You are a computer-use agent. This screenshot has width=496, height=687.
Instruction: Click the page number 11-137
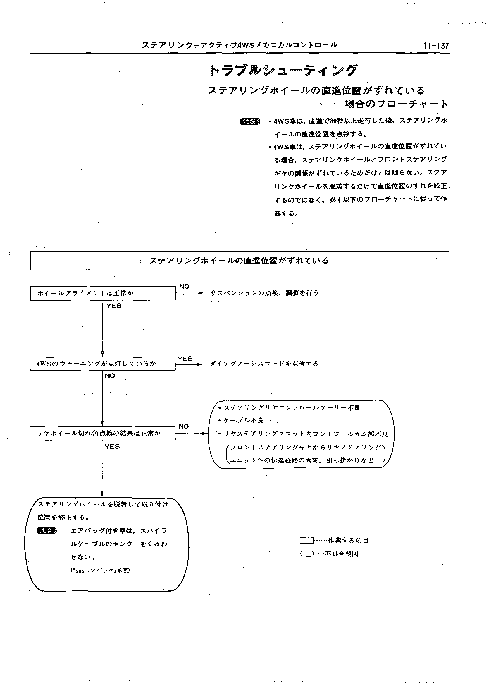[436, 46]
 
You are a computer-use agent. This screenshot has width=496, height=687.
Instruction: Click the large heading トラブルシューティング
[284, 70]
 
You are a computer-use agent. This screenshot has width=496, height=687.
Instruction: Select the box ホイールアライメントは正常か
[103, 293]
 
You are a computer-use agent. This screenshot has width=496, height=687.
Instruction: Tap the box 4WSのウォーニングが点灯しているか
[103, 364]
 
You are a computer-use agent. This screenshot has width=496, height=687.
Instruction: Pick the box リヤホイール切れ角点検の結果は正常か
[103, 433]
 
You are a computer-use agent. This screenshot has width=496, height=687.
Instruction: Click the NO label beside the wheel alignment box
[184, 287]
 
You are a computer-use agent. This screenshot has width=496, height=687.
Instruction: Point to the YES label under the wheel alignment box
[114, 306]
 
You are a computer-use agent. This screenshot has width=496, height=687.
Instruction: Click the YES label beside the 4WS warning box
[185, 359]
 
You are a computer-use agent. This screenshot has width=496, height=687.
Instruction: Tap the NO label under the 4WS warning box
[110, 376]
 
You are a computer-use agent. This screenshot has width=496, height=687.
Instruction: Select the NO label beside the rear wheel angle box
[184, 426]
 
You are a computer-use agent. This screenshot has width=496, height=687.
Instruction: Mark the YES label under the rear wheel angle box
[112, 446]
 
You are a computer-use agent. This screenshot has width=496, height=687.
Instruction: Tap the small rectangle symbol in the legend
[306, 540]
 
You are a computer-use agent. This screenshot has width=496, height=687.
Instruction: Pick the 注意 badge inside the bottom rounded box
[46, 531]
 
